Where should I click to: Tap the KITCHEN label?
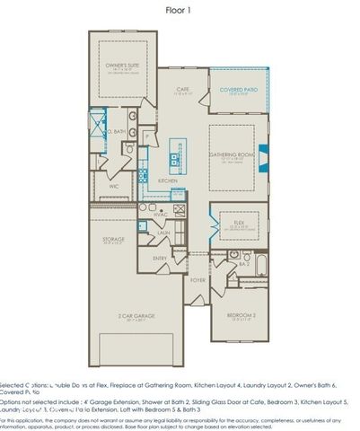point(168,180)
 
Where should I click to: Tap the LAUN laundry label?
point(163,232)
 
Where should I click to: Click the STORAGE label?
point(113,241)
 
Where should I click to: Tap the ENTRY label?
point(160,259)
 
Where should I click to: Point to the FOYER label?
point(198,280)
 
